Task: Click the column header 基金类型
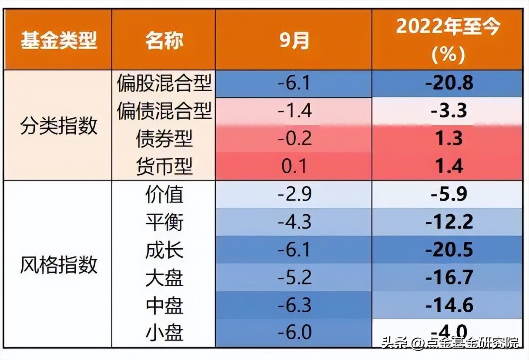coord(58,40)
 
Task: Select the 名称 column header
coord(164,40)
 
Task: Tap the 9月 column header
coord(294,40)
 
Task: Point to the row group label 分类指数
coord(58,126)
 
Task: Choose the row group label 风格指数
coord(58,264)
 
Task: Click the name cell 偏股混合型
coord(164,83)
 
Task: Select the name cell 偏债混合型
coord(164,111)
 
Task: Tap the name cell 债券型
coord(164,139)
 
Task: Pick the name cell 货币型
coord(164,167)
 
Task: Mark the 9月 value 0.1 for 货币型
coord(294,167)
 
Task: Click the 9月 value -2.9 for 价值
coord(294,194)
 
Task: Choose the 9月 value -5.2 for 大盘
coord(294,278)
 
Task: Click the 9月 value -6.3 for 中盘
coord(294,306)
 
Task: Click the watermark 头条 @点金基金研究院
coord(450,343)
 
